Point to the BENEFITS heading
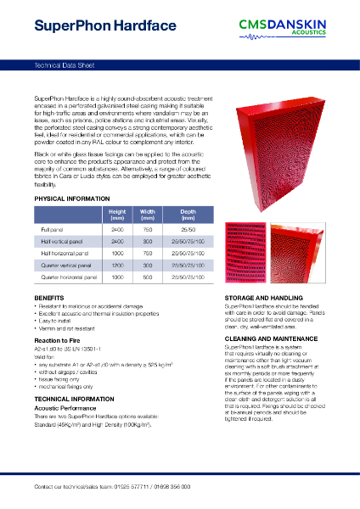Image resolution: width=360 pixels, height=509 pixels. click(x=48, y=299)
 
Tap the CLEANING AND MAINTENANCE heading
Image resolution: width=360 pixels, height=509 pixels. click(x=273, y=338)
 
